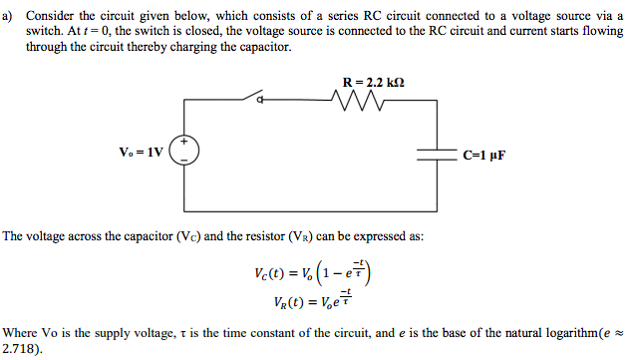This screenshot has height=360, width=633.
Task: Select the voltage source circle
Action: [x=184, y=153]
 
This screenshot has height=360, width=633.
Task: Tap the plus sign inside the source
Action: [x=184, y=145]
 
